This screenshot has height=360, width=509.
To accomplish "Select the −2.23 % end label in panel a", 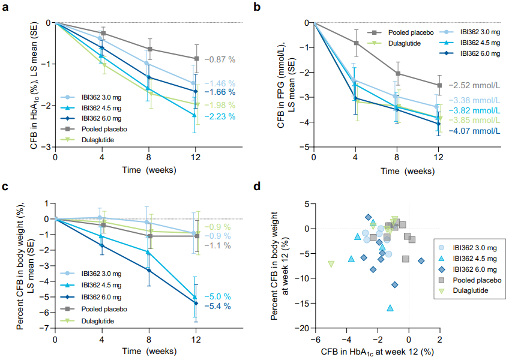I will (220, 116).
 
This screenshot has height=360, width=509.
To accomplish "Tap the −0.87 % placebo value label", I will (220, 59).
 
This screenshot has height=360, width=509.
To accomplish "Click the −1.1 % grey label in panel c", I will (217, 245).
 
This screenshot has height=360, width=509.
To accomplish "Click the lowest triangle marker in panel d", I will (390, 308).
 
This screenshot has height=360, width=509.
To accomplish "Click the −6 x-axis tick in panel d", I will (313, 340).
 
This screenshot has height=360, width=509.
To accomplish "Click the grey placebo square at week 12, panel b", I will (439, 85).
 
